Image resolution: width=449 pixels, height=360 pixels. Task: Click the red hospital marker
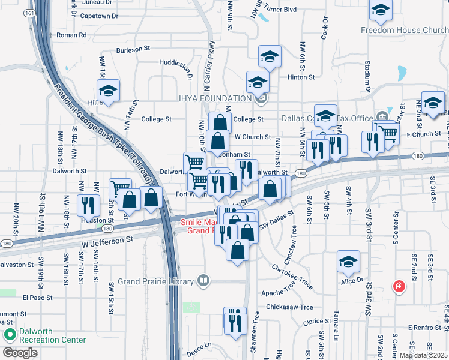398,287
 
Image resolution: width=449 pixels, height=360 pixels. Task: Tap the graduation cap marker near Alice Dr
348,262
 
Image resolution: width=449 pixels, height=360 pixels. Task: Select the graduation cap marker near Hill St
109,91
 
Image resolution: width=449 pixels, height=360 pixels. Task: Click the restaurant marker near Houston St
89,205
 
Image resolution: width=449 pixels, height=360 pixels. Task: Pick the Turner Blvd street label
282,10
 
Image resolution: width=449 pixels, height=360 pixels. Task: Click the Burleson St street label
132,50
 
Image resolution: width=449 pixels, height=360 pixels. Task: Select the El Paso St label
38,297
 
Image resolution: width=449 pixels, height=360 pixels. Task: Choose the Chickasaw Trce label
291,307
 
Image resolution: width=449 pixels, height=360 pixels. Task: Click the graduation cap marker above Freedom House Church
380,11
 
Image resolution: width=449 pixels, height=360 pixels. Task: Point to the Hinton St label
301,77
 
